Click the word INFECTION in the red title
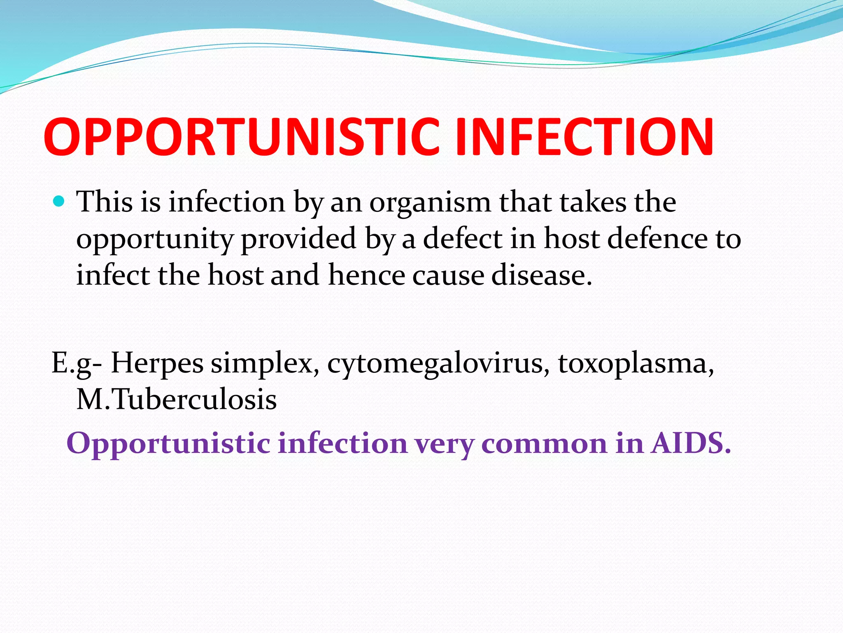coord(584,137)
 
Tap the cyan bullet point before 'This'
coord(59,202)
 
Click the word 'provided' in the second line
coord(298,239)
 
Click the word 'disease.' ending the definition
coord(541,275)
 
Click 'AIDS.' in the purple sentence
coord(691,443)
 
